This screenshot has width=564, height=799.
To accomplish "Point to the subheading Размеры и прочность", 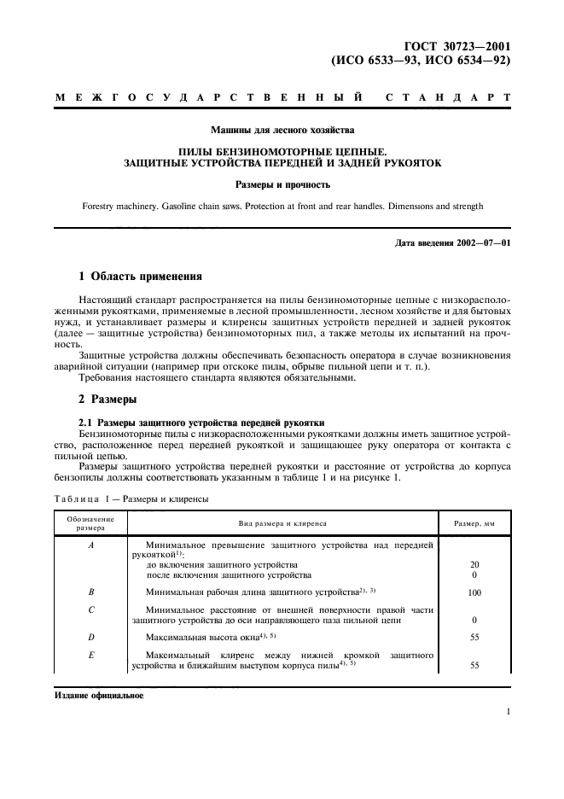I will (282, 184).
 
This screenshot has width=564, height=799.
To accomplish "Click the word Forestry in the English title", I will (102, 206).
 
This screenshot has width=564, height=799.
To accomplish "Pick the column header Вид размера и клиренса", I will (282, 522).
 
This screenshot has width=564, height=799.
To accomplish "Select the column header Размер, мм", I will (474, 522).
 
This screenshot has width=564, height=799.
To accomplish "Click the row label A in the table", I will (90, 545).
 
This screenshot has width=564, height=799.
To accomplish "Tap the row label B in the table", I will (90, 591).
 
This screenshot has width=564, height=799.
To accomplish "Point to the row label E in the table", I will (90, 655).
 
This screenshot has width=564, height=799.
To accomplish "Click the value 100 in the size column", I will (474, 592).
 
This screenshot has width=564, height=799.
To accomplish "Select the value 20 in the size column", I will (474, 565).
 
